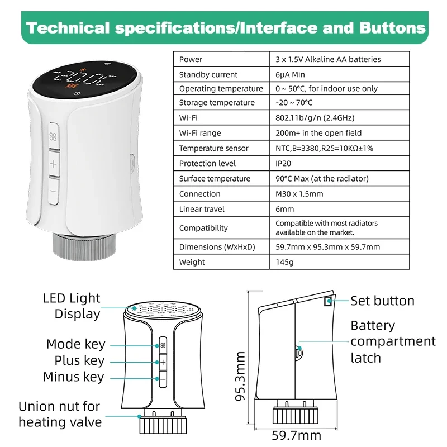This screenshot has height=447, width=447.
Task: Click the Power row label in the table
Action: [191, 59]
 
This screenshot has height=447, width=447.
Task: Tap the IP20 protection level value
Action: [284, 163]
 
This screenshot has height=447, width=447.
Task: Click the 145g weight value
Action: [284, 261]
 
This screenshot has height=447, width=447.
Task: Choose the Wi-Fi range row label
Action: [200, 133]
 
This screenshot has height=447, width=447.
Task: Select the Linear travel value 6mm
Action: [284, 209]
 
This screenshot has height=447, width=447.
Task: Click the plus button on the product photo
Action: [54, 164]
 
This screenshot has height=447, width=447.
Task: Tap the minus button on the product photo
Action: [54, 191]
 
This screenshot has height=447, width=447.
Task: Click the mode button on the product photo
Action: [54, 137]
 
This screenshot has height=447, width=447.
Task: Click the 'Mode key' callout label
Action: [75, 344]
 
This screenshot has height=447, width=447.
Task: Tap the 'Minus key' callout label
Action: [73, 377]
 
